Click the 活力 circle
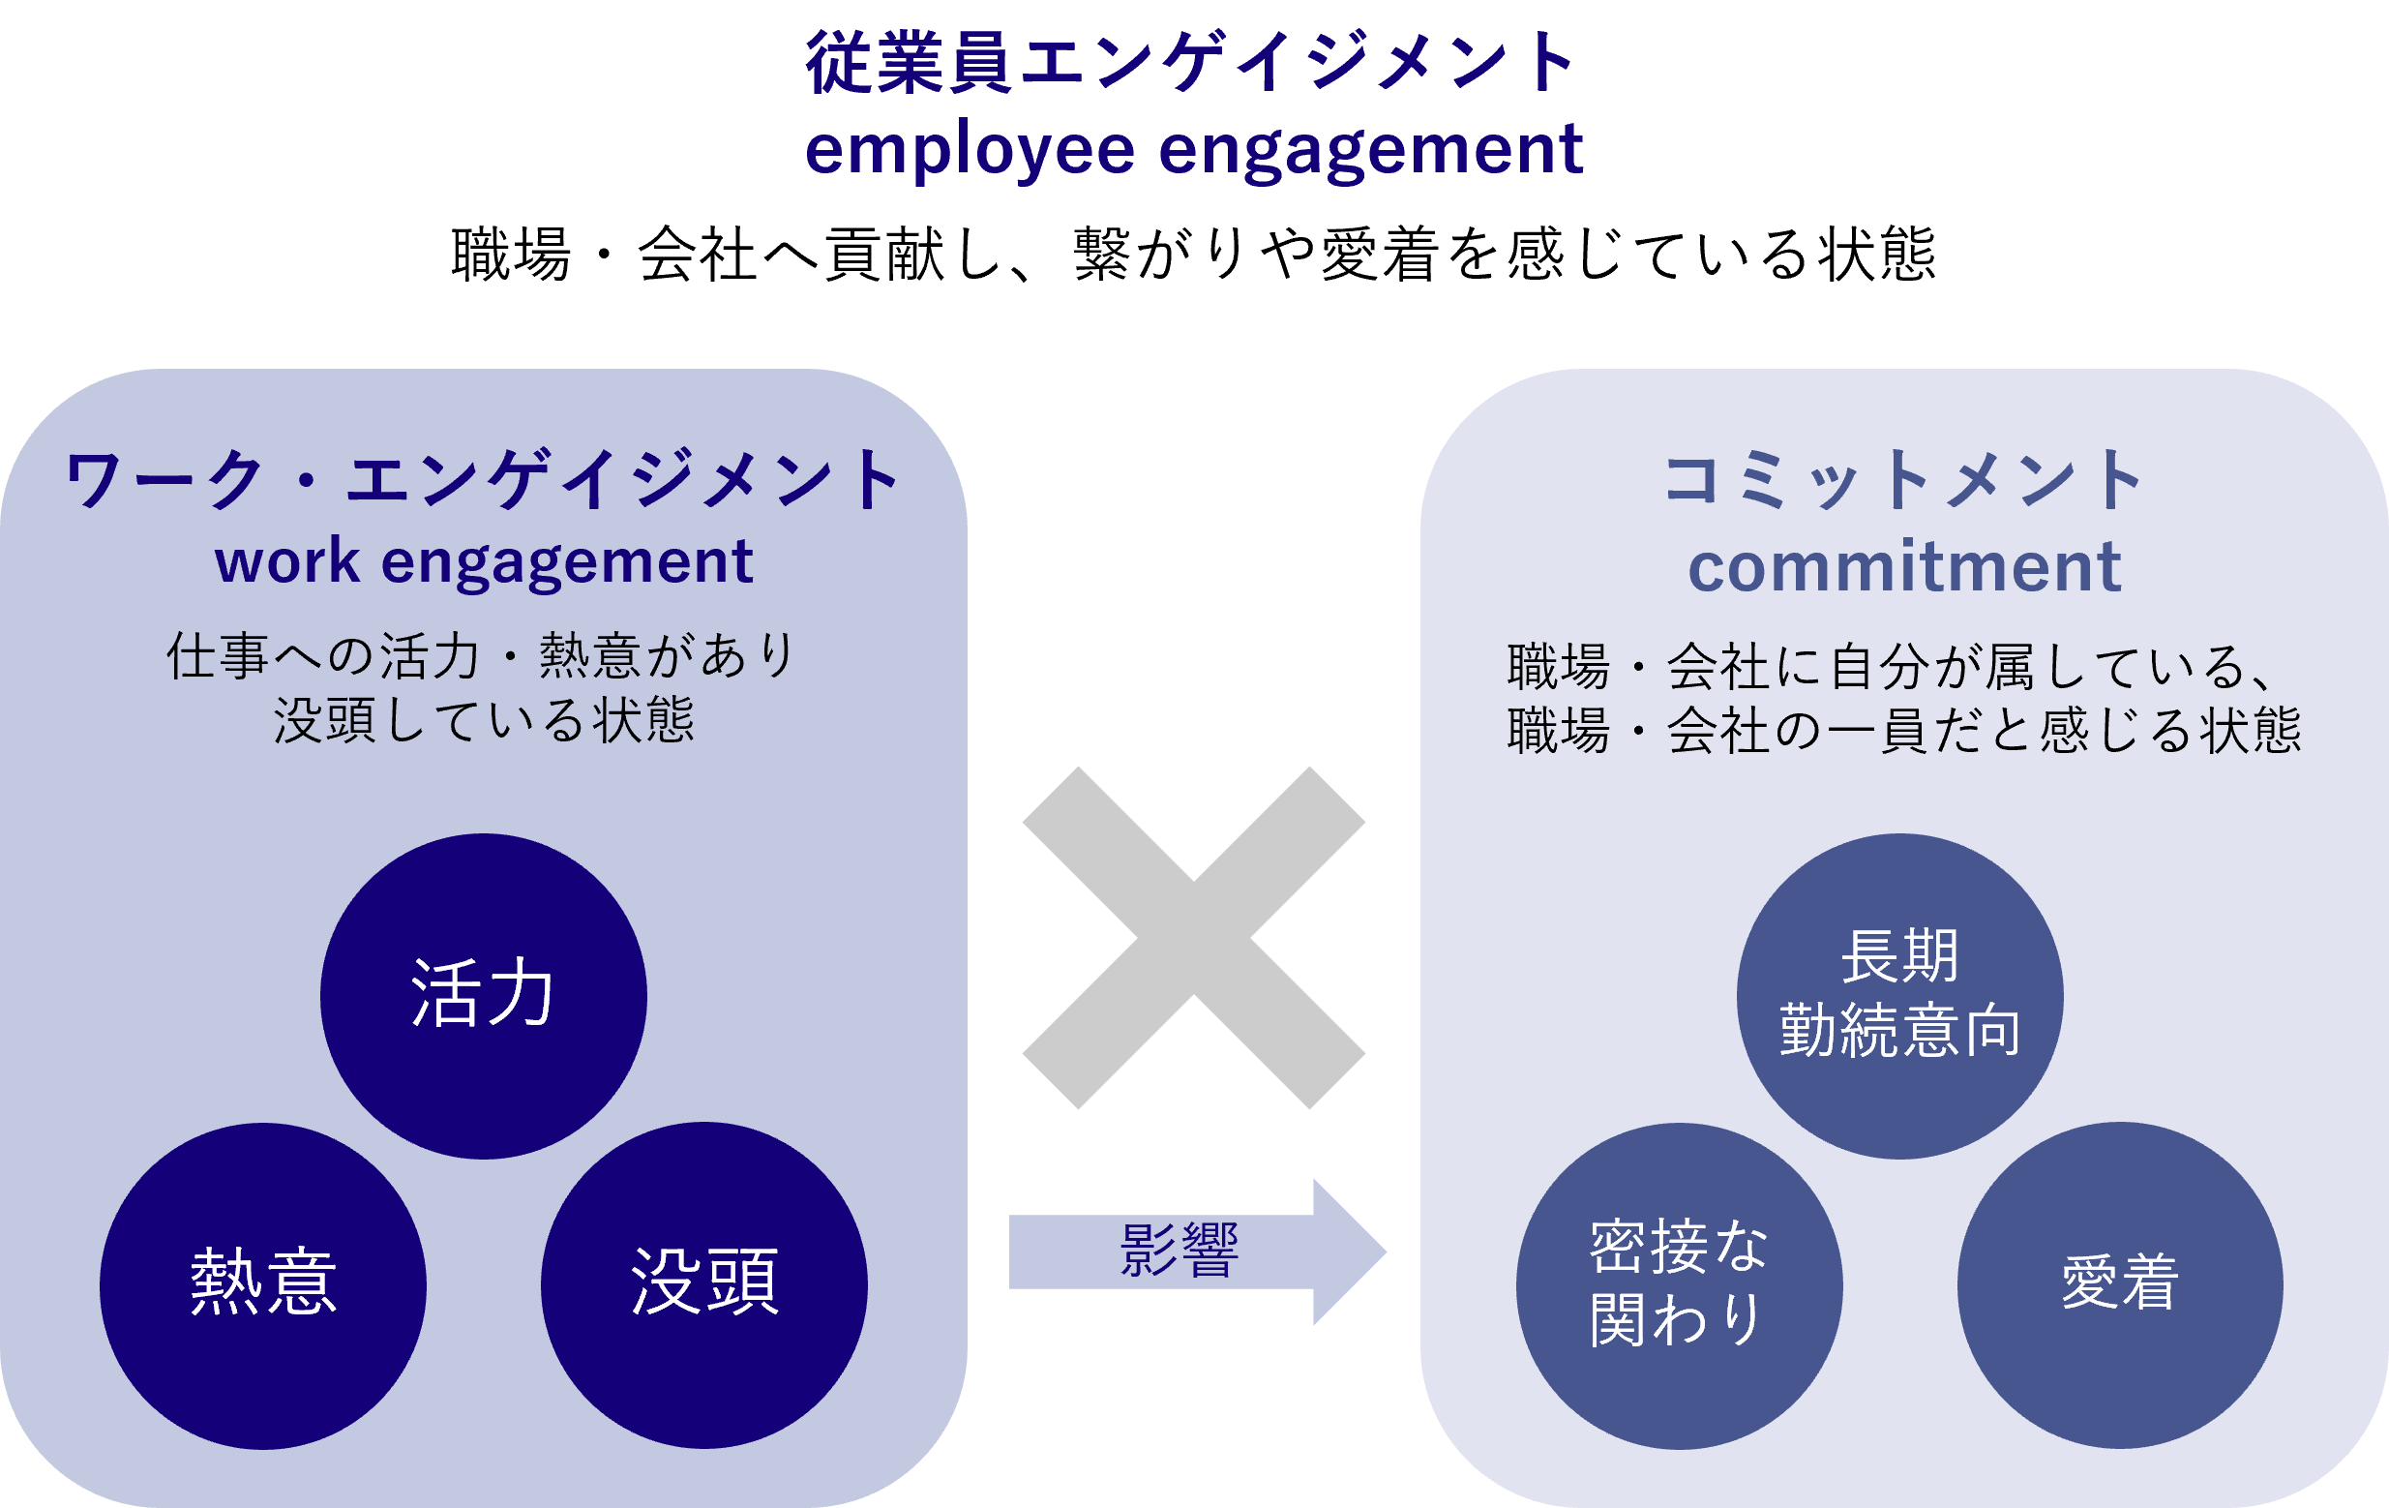[483, 995]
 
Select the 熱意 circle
[263, 1285]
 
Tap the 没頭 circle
[704, 1285]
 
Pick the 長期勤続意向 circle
[1900, 995]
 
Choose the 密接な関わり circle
[1680, 1285]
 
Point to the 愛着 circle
[2120, 1285]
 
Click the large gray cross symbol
[1193, 938]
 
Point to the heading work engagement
[483, 562]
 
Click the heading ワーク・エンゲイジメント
[483, 480]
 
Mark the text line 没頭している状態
[483, 721]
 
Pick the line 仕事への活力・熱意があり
[483, 657]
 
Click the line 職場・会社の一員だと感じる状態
[1903, 731]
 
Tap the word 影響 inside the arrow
[1179, 1251]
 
